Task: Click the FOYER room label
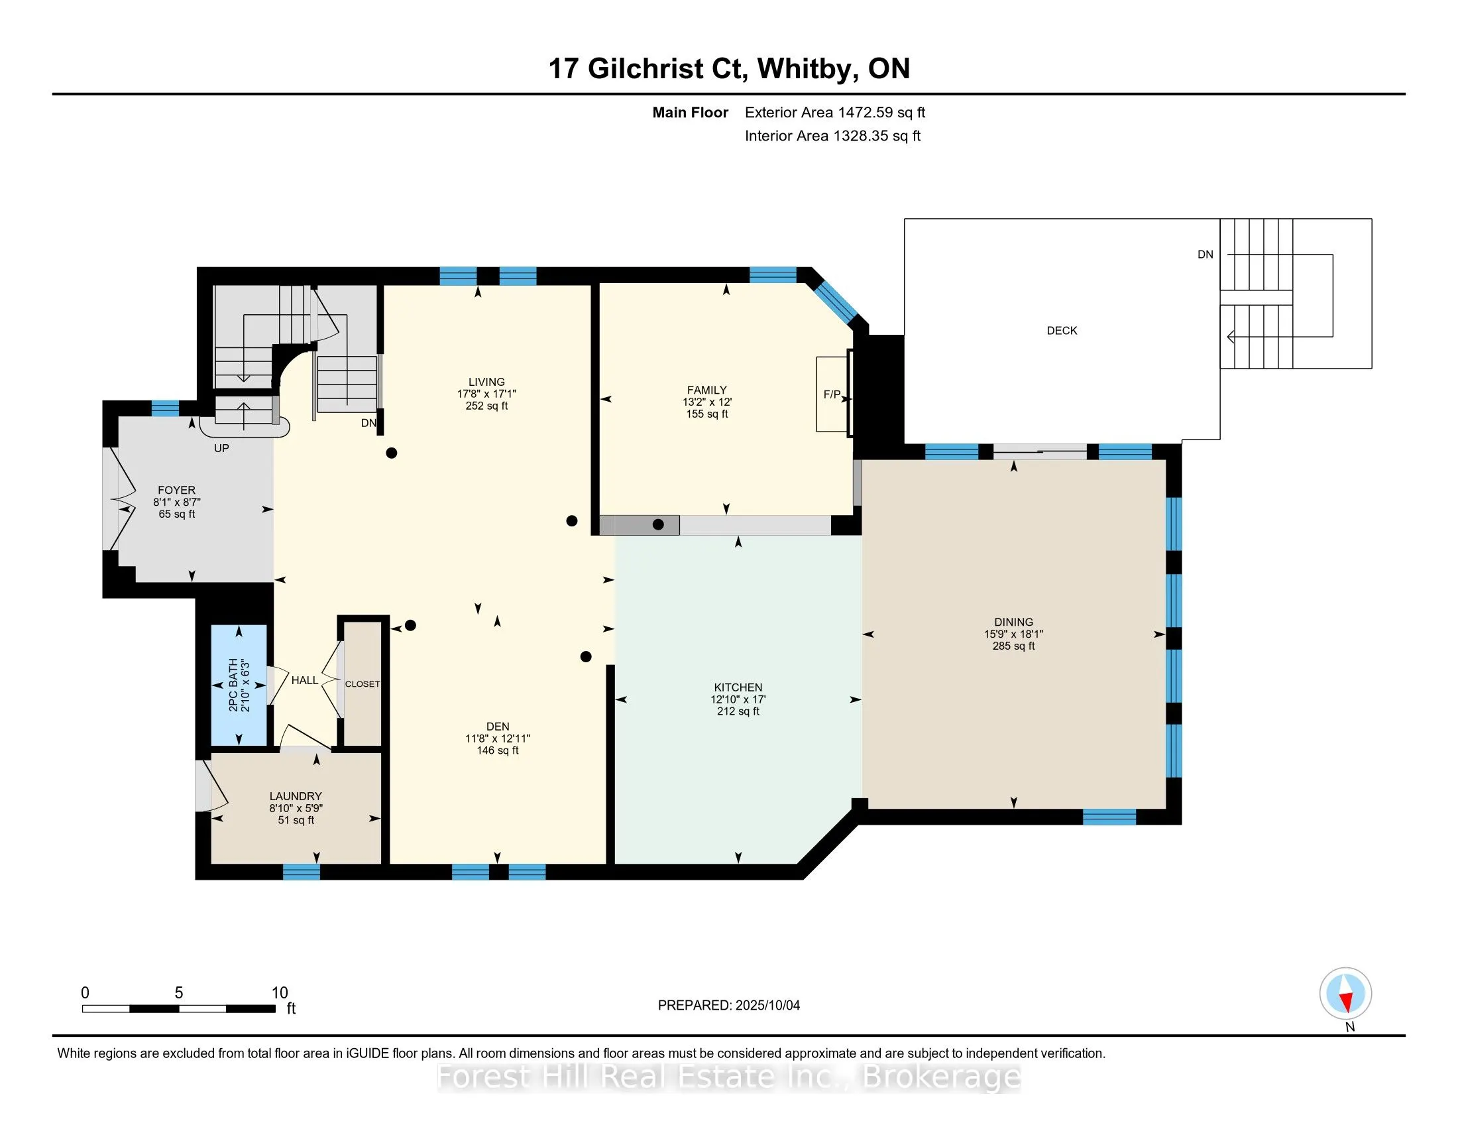coord(176,490)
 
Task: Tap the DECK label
coord(1062,331)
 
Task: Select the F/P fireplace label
coord(832,394)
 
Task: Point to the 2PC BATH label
coord(233,685)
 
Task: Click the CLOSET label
coord(363,683)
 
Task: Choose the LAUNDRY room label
coord(296,796)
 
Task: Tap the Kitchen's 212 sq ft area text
coord(738,711)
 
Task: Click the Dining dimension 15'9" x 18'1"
coord(1013,634)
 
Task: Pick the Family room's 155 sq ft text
coord(707,414)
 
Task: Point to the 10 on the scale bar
coord(280,993)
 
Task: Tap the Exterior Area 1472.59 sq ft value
coord(835,112)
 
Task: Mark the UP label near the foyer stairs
coord(221,448)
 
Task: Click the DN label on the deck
coord(1205,255)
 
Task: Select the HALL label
coord(304,680)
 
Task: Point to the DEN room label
coord(497,727)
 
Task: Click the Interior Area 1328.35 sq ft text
coord(832,135)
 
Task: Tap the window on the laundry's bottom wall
coord(301,871)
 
